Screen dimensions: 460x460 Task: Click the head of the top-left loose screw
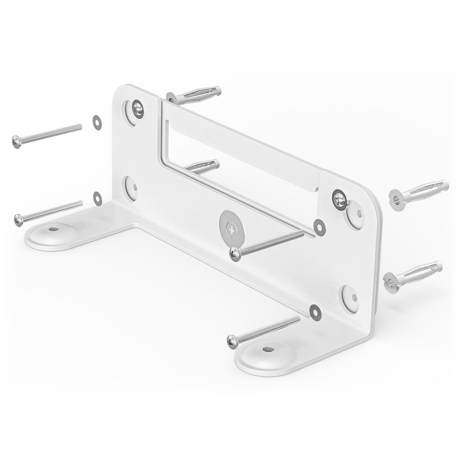(16, 141)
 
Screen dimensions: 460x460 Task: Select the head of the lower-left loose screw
(17, 218)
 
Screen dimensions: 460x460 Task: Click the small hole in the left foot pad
(51, 229)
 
